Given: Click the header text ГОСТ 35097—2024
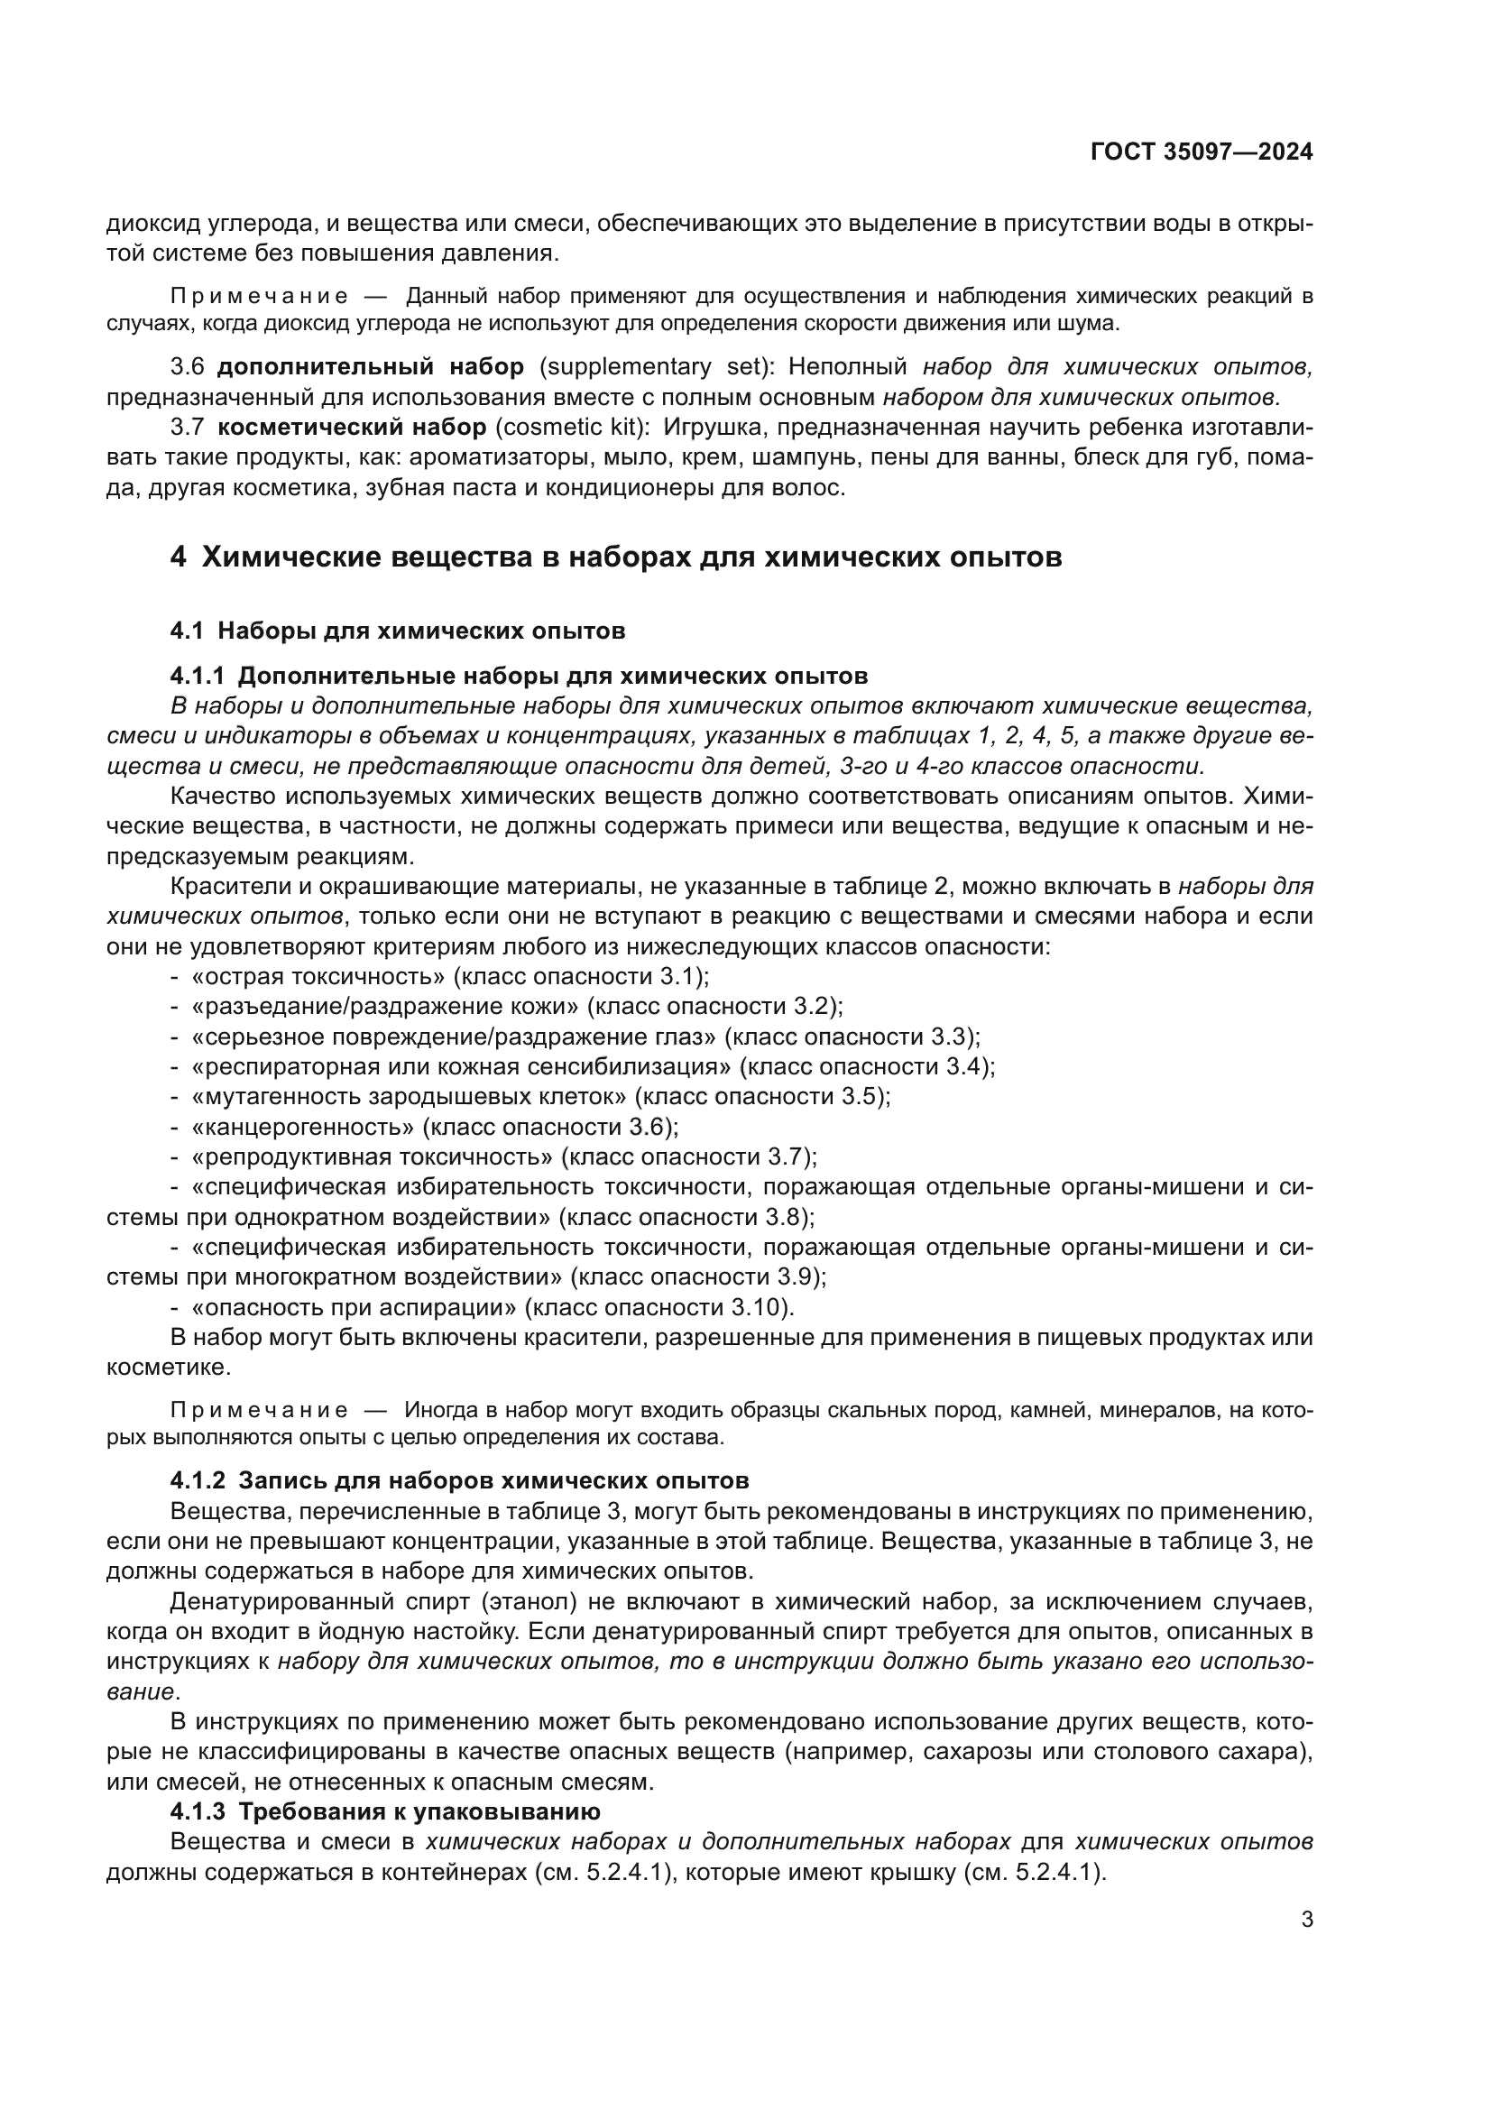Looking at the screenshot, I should click(x=1201, y=152).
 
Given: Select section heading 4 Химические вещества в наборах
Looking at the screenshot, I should click(x=615, y=557).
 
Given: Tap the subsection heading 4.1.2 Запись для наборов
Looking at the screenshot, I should click(x=459, y=1480).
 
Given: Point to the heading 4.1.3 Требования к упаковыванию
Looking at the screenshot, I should click(x=385, y=1811).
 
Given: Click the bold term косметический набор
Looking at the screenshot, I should click(x=352, y=428).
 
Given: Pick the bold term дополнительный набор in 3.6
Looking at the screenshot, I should click(x=370, y=367).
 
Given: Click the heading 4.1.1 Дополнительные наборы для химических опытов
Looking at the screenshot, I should click(x=518, y=677).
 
